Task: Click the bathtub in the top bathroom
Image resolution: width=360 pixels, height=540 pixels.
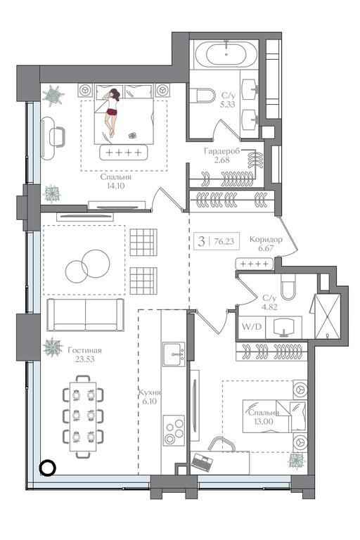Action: (226, 54)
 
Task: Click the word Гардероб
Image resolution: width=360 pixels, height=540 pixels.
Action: (221, 151)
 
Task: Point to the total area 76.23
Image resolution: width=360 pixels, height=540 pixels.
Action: (224, 241)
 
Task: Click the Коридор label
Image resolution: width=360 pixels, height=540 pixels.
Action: (266, 239)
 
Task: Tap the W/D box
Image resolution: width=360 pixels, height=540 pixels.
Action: (252, 327)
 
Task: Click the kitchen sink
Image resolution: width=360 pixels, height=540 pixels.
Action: (174, 354)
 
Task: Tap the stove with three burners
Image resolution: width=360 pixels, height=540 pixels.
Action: (174, 430)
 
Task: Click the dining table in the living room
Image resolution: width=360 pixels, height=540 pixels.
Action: (84, 416)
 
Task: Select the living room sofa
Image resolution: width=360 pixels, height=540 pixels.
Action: (85, 315)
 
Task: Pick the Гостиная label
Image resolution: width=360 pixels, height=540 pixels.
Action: (85, 351)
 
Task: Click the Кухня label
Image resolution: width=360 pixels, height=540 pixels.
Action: (150, 392)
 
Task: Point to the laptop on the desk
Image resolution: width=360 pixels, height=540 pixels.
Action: (202, 462)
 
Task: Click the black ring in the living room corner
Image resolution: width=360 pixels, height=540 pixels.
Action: (47, 468)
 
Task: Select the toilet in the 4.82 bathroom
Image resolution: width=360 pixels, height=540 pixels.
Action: (288, 287)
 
